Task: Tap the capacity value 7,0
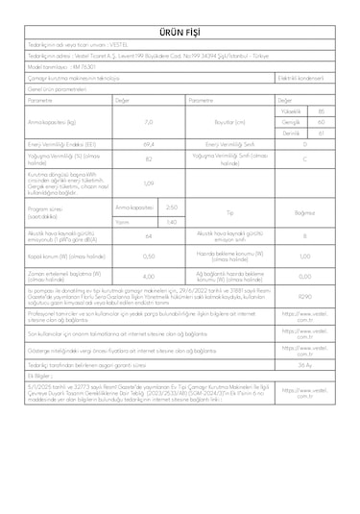[148, 123]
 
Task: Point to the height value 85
[332, 111]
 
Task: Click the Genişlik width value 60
[332, 122]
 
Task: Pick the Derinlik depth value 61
[332, 133]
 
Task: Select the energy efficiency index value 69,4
[148, 144]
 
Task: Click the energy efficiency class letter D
[304, 144]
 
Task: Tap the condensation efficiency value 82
[148, 159]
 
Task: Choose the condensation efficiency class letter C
[304, 159]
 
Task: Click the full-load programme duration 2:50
[171, 207]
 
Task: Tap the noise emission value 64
[148, 237]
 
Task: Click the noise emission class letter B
[304, 236]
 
